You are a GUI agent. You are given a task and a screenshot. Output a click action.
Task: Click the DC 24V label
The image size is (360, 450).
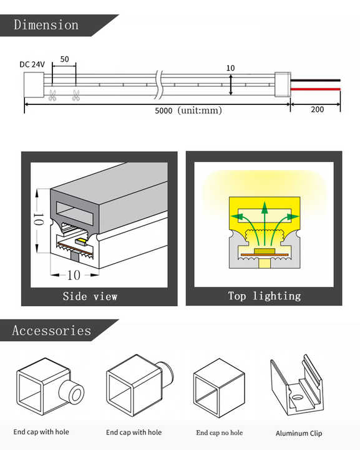coord(32,64)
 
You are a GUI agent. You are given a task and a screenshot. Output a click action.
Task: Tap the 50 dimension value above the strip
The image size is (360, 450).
coord(64,59)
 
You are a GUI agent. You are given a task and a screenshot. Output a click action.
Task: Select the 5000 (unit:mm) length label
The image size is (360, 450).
coord(188,110)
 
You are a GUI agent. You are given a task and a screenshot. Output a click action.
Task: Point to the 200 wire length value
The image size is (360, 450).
coord(318,109)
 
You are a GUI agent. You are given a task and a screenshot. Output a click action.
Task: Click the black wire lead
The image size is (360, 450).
coord(315,81)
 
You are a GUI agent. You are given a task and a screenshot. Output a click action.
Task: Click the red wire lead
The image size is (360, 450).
coord(315,89)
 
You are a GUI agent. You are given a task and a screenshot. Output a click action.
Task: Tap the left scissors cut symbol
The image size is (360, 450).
coord(52,95)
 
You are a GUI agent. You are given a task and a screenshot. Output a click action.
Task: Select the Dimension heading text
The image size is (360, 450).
coord(46,24)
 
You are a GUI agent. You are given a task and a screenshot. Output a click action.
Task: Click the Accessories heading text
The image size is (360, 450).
coord(52,331)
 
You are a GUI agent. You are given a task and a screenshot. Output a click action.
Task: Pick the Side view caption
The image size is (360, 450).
coord(90,296)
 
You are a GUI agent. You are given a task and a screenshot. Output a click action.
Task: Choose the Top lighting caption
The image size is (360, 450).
coord(265,296)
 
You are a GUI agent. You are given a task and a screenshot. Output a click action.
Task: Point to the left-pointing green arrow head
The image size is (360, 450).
coord(235,216)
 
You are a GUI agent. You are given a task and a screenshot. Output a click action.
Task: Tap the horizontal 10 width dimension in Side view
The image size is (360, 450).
coord(74,275)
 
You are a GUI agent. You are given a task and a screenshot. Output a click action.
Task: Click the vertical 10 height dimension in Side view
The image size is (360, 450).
coord(39,221)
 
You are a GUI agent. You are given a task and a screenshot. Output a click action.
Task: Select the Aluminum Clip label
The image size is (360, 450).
coord(299,433)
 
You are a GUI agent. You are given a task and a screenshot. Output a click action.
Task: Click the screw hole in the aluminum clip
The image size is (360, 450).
coord(297,397)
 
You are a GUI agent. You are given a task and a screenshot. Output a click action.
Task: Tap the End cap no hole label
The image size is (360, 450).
coord(220,432)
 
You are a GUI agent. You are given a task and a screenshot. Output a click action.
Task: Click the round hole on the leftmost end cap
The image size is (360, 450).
coord(76,395)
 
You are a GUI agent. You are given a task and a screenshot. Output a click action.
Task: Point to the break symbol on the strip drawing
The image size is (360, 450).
coord(159,84)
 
